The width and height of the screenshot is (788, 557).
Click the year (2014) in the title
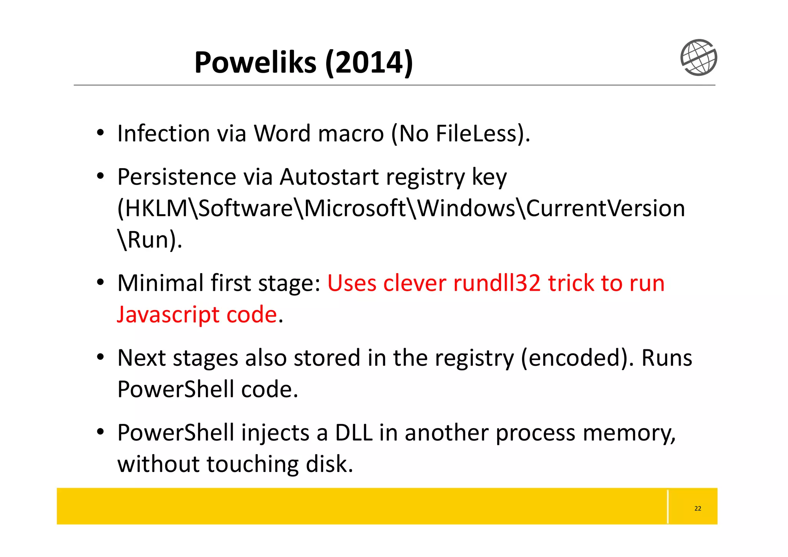pyautogui.click(x=369, y=63)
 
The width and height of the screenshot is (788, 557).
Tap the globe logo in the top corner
pyautogui.click(x=698, y=57)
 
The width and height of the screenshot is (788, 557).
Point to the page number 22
pyautogui.click(x=698, y=509)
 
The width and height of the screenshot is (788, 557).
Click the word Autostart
pyautogui.click(x=329, y=177)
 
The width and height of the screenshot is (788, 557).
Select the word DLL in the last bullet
pyautogui.click(x=354, y=433)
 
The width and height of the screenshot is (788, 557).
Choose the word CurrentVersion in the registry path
pyautogui.click(x=605, y=209)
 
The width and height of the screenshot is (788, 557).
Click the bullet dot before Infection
pyautogui.click(x=100, y=133)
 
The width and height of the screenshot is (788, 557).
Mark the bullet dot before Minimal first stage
pyautogui.click(x=100, y=283)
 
